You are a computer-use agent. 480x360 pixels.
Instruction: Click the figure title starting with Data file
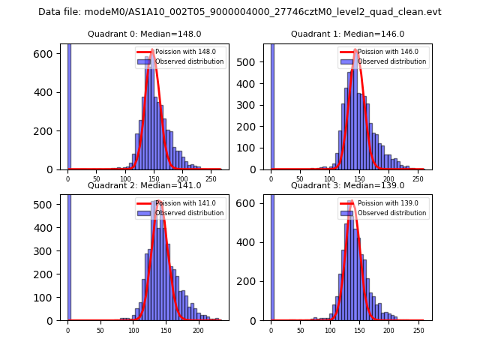[240, 12]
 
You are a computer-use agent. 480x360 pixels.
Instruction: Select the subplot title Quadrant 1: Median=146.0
[347, 34]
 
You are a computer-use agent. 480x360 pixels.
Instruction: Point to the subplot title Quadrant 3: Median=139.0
[347, 185]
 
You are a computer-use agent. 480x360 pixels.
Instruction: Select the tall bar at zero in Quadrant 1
[271, 106]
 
